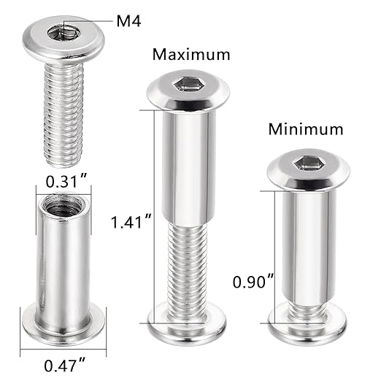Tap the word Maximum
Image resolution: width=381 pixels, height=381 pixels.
tap(190, 54)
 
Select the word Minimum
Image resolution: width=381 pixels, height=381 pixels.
tap(305, 130)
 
